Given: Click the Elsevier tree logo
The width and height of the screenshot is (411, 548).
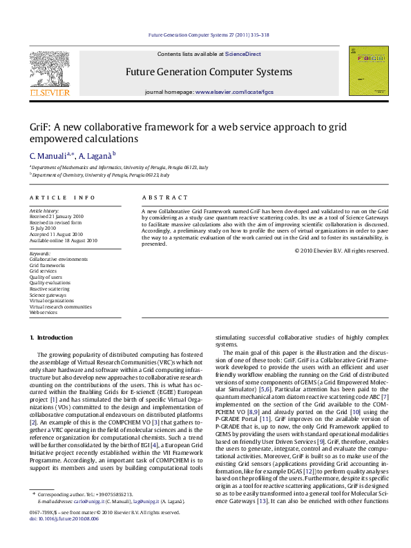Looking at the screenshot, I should point(49,70).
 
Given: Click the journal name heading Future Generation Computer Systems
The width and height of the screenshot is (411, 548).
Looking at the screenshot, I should point(209,72).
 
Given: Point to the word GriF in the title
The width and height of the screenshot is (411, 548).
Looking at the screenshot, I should point(39,126).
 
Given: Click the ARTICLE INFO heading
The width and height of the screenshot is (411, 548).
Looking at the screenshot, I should point(62,198).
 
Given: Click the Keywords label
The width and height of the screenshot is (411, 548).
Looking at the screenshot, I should point(41,253).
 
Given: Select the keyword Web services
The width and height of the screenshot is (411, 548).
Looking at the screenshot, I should point(43,313).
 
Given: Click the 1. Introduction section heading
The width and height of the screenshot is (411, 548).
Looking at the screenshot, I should point(50,337).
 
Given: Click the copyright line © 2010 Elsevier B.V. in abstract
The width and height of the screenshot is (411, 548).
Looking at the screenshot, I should point(341,251).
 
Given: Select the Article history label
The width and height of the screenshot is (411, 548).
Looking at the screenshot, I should point(44,210).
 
